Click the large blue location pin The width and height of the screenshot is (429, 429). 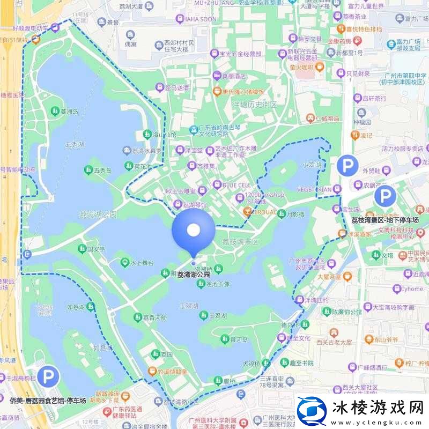coord(193,231)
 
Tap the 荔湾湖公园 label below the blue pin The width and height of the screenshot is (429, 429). coord(193,274)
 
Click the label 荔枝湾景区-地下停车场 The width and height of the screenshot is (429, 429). coord(384,220)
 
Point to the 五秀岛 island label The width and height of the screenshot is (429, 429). coord(102,171)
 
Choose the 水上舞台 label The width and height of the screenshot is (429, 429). coord(143,263)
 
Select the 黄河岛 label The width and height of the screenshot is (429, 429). coord(238,339)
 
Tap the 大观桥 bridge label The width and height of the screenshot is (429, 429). coord(250,364)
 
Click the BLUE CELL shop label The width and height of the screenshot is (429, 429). coord(236,185)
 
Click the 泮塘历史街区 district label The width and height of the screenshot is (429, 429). coord(254,105)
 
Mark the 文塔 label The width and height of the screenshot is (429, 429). coord(387,255)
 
